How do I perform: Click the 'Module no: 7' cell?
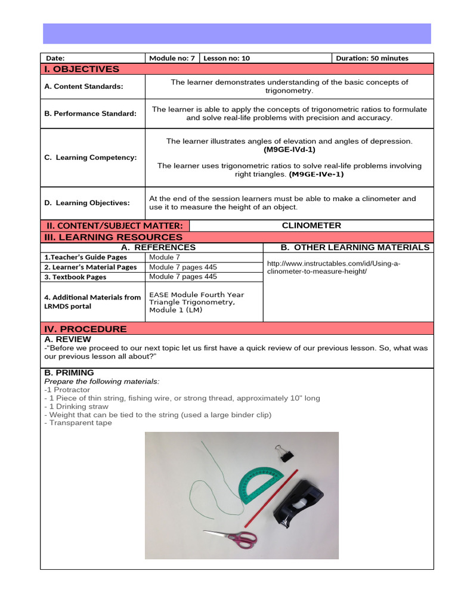[x=172, y=58]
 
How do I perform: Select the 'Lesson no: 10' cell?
[x=227, y=58]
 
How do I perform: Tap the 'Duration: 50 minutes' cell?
[x=372, y=58]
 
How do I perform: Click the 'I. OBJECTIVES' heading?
[x=82, y=69]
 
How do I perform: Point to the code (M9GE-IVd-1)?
[x=289, y=150]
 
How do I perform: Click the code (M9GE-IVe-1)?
[x=316, y=175]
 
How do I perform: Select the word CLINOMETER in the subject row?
[x=311, y=226]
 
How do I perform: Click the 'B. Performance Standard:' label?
[x=90, y=113]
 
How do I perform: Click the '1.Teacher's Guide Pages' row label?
[x=85, y=257]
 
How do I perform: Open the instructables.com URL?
[x=333, y=267]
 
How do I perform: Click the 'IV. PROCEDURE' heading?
[x=85, y=329]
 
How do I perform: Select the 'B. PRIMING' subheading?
[x=69, y=373]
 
